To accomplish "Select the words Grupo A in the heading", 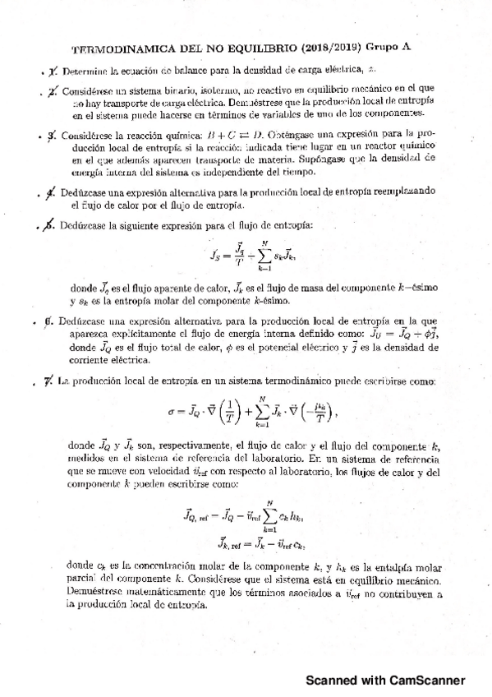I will [389, 48].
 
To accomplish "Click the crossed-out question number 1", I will [53, 72].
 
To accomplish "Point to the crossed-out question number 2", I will [53, 92].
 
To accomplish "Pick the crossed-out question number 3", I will [53, 134].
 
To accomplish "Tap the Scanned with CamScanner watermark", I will [385, 681].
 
